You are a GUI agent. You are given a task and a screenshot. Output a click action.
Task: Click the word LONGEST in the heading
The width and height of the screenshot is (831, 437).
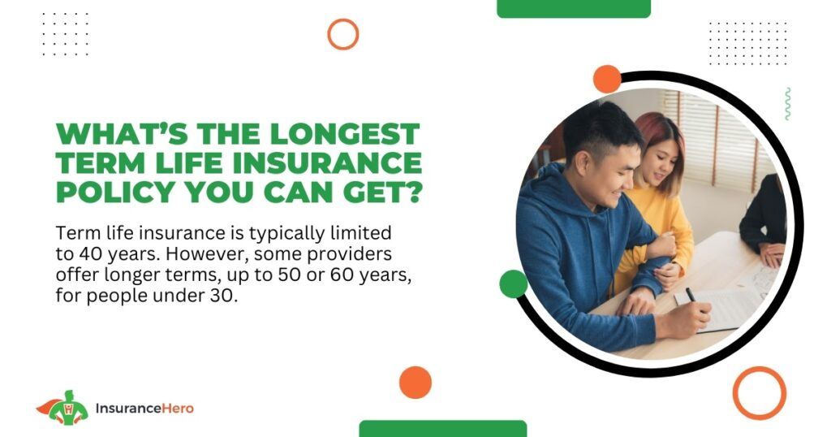click(x=344, y=134)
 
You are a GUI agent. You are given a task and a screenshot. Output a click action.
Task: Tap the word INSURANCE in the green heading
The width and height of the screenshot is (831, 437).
click(x=327, y=162)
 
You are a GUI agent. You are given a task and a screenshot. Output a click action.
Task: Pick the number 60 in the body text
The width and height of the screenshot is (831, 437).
click(x=342, y=275)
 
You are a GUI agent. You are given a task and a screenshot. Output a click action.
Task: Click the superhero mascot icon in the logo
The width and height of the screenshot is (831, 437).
click(x=62, y=407)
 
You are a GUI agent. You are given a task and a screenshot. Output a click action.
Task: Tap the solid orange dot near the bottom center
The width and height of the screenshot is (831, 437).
click(x=415, y=383)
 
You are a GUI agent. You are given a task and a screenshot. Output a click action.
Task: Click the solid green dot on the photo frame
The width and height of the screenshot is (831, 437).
click(x=514, y=283)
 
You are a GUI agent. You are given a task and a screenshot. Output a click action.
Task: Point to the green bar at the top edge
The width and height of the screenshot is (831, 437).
click(x=574, y=8)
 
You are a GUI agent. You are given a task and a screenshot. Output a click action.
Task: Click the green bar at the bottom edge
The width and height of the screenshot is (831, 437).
click(x=443, y=429)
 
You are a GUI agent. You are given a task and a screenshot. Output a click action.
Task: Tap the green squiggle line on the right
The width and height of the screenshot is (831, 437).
click(x=787, y=103)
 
